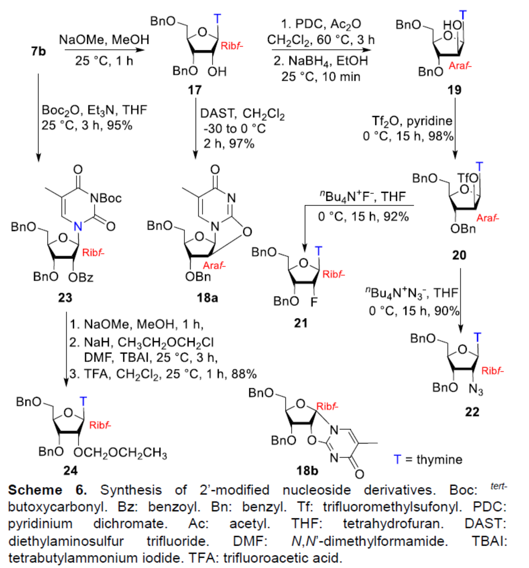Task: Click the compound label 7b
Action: (x=38, y=52)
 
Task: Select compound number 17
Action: (x=194, y=90)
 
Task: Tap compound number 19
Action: (x=454, y=90)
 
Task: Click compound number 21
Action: (x=301, y=322)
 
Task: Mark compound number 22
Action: (x=472, y=411)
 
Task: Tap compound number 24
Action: (x=70, y=470)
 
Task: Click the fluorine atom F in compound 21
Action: (x=314, y=302)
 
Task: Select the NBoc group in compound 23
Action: (x=105, y=198)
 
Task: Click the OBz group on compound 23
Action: (x=81, y=277)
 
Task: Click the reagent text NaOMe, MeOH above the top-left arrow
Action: (x=104, y=40)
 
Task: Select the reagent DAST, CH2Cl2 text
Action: (x=242, y=114)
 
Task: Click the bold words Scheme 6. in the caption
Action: (x=47, y=490)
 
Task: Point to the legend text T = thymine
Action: (x=428, y=459)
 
